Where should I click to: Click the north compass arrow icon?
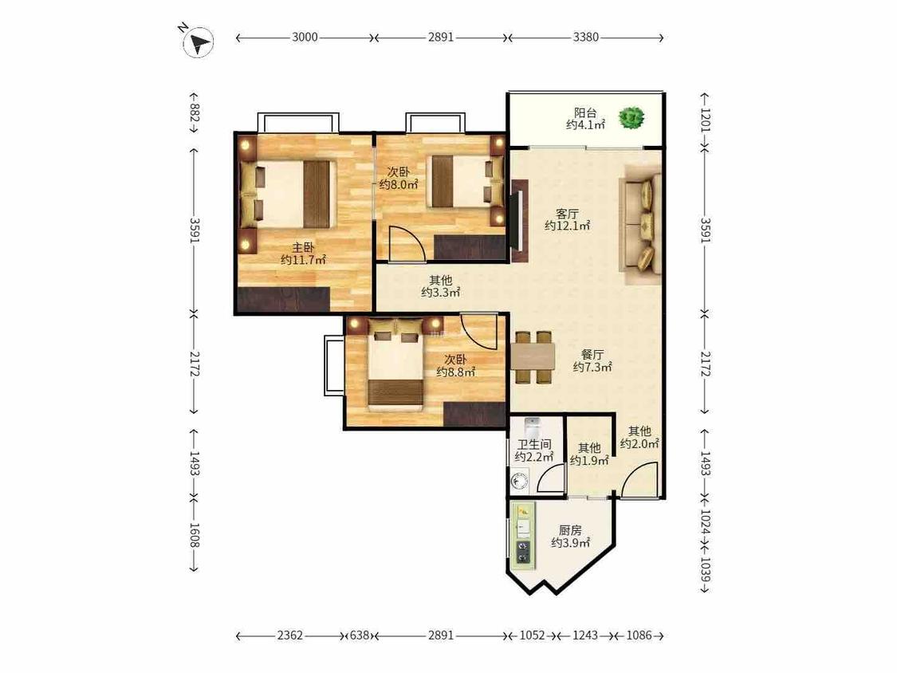tap(198, 41)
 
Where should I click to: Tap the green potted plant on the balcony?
tap(631, 118)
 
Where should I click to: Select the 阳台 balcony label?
tap(585, 112)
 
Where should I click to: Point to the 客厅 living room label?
tap(566, 214)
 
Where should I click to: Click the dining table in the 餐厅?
tap(533, 357)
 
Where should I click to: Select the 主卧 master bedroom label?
tap(303, 248)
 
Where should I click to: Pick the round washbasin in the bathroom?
tap(520, 482)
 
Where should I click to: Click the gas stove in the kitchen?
tap(523, 552)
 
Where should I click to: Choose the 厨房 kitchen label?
tap(570, 530)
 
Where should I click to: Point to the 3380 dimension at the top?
tap(586, 37)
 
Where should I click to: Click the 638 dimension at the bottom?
tap(360, 636)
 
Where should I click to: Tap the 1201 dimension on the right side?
tap(705, 120)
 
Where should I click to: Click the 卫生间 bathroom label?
tap(534, 445)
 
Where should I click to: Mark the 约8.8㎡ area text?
tap(456, 372)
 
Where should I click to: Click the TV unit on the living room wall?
tap(518, 220)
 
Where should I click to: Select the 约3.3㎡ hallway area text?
tap(440, 293)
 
